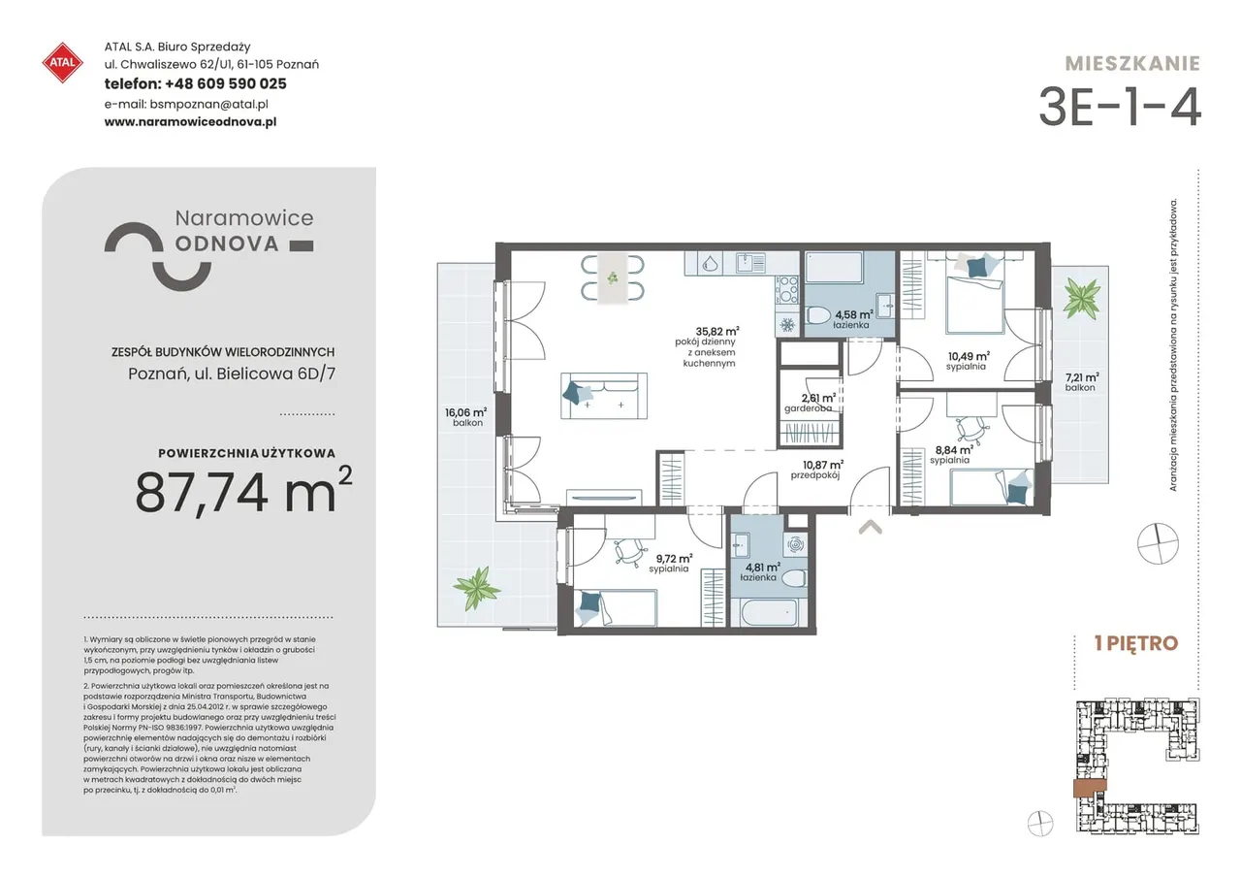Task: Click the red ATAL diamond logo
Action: [x=63, y=63]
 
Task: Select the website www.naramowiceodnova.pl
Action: [x=191, y=122]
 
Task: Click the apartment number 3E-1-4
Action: [x=1119, y=107]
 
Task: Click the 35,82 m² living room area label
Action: [x=716, y=332]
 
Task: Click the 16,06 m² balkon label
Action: [x=466, y=417]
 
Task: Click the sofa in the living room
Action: [x=604, y=396]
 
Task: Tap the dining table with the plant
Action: [x=613, y=277]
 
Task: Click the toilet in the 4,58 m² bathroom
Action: [x=819, y=316]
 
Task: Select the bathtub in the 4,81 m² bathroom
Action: [x=767, y=612]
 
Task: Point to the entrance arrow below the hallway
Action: [x=871, y=527]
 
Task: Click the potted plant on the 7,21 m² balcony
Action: [x=1081, y=298]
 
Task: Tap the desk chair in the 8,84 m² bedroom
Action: [x=972, y=429]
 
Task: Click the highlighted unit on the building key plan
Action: [x=1090, y=788]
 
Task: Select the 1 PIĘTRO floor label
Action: [x=1136, y=643]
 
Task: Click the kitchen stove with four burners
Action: [x=787, y=290]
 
